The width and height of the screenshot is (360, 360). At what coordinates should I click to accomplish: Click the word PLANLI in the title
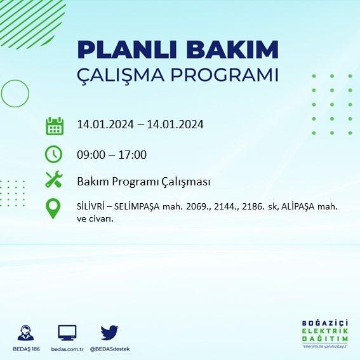(127, 50)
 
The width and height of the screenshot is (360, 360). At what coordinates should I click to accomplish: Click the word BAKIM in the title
(232, 50)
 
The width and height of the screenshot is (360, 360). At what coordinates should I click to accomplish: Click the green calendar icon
(55, 126)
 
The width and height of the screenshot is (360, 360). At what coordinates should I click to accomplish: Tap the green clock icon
(53, 154)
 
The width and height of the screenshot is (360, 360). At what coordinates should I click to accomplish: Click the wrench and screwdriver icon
(54, 179)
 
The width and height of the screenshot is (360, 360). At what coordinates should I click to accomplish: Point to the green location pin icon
(53, 208)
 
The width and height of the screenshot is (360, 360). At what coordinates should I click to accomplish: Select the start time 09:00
(91, 155)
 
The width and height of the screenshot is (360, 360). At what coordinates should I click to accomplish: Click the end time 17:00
(133, 155)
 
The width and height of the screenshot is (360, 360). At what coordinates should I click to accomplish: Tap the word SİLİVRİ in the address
(91, 206)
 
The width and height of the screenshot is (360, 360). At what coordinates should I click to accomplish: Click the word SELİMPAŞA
(137, 207)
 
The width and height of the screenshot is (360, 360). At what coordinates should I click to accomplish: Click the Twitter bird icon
(109, 332)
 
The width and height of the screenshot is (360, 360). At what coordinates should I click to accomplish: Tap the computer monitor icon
(67, 333)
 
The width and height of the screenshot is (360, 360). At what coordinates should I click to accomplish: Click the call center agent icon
(25, 333)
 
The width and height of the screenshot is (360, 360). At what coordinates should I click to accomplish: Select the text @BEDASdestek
(110, 349)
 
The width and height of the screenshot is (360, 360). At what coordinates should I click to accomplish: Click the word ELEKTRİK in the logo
(325, 331)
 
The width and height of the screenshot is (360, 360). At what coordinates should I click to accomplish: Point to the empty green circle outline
(2, 93)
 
